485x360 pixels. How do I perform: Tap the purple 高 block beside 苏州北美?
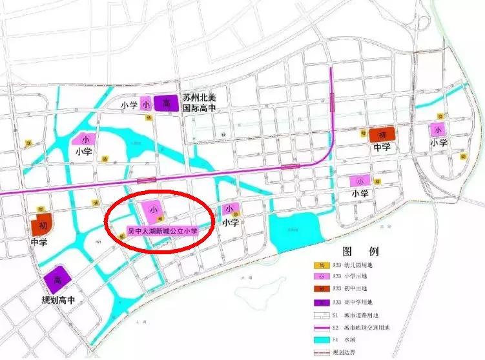point(166,103)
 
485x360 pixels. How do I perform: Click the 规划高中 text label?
point(59,301)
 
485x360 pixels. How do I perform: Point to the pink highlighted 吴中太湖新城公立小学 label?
point(162,230)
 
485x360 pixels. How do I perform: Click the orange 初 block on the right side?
point(381,135)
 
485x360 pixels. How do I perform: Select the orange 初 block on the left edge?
point(42,226)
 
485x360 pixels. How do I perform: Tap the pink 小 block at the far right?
point(439,128)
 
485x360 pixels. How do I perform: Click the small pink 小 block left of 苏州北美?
point(147,104)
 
